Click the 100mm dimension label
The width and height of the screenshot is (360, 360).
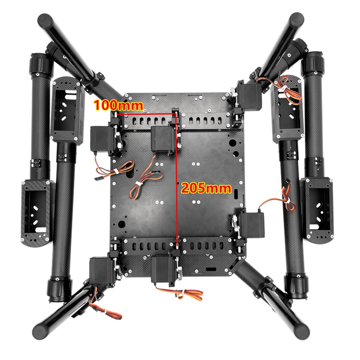118,106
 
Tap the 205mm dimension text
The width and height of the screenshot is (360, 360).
206,188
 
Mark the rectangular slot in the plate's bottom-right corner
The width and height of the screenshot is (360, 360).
210,269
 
